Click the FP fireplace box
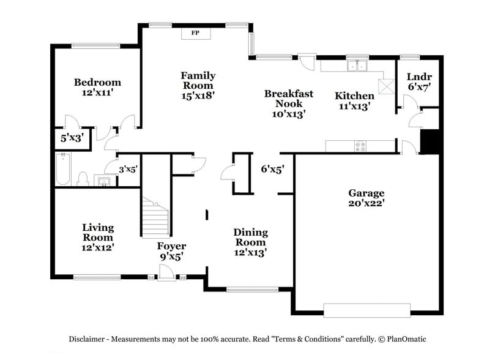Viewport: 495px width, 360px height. point(195,32)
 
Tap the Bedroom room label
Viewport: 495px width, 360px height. point(97,82)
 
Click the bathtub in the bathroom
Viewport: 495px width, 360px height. point(62,169)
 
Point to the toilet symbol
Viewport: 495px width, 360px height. point(83,179)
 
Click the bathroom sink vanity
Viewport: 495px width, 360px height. point(103,181)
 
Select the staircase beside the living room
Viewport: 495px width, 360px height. point(155,218)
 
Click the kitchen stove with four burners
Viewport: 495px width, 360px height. point(360,146)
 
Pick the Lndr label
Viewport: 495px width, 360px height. point(419,77)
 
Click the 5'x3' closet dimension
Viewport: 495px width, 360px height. point(72,138)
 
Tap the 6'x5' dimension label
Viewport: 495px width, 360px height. point(272,168)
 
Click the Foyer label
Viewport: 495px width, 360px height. point(171,246)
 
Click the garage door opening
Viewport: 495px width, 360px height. point(367,310)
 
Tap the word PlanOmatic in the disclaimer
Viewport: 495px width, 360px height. point(406,339)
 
